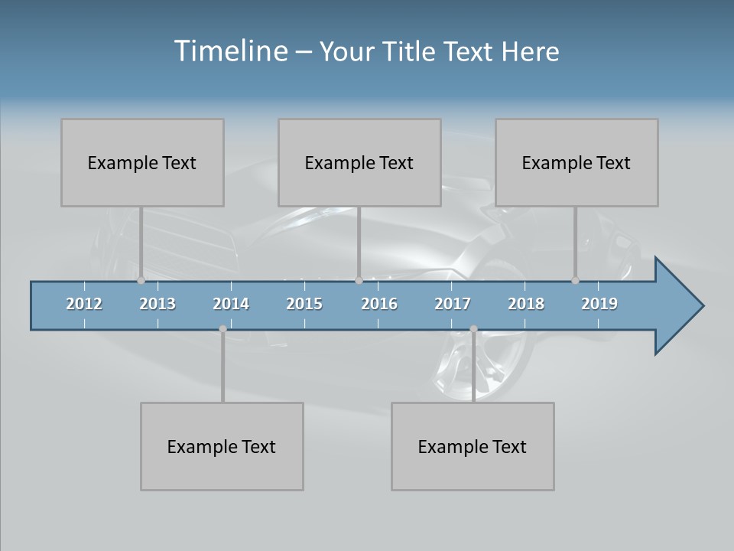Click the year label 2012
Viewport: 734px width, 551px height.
(84, 304)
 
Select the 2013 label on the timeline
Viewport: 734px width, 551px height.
(158, 304)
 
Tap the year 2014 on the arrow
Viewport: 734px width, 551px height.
(231, 304)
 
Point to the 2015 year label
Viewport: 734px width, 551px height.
(304, 304)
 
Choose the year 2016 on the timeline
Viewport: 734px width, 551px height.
(379, 304)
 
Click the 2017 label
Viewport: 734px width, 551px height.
(453, 304)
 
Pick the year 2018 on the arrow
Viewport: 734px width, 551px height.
(526, 304)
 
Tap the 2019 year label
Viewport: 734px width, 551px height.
(599, 304)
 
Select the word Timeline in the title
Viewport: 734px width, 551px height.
(230, 51)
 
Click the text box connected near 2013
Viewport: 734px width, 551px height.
(142, 162)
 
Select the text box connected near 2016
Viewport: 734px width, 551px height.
(359, 162)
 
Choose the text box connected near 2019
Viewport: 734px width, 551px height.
(576, 162)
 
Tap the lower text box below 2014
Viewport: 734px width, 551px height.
(222, 446)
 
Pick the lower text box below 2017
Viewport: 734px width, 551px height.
(473, 446)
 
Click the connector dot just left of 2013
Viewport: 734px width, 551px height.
(141, 280)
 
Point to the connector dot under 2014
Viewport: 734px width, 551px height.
(222, 329)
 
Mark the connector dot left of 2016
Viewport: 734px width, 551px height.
(359, 280)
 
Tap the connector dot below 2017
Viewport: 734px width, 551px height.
(473, 329)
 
